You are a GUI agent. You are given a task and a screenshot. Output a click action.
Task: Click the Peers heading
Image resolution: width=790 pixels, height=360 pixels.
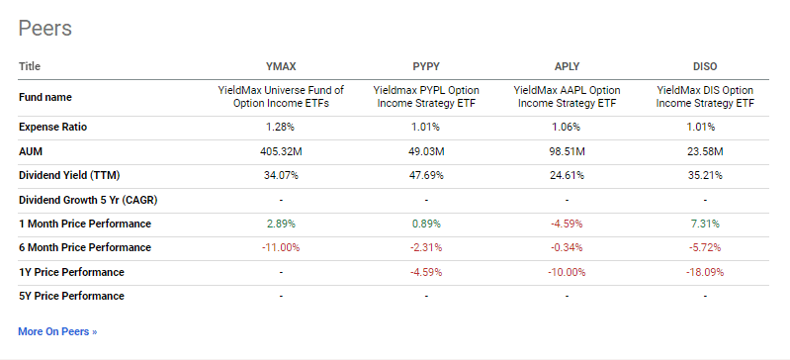tap(44, 28)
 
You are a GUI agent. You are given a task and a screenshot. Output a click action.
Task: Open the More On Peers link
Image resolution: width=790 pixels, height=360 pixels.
tap(57, 331)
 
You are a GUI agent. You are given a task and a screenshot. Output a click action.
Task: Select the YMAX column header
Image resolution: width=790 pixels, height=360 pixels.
tap(281, 67)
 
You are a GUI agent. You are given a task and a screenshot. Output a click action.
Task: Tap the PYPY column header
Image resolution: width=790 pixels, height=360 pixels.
tap(425, 67)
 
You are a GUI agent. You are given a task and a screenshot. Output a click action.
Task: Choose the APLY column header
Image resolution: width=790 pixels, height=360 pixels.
tap(567, 67)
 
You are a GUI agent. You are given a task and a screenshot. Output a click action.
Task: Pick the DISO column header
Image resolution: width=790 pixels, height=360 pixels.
tap(705, 67)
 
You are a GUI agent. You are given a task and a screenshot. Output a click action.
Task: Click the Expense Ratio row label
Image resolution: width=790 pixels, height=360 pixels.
tap(55, 128)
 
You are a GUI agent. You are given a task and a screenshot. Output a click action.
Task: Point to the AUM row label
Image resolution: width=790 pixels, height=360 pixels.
tap(31, 151)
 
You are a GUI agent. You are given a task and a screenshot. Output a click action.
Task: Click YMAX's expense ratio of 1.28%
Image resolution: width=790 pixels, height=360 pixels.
tap(281, 128)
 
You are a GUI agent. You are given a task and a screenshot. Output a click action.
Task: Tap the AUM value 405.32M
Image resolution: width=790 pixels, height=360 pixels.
tap(281, 151)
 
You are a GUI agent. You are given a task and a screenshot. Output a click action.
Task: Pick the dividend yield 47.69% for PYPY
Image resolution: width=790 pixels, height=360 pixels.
tap(425, 175)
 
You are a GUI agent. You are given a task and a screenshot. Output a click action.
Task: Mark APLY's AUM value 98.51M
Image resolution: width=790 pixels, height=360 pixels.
tap(567, 151)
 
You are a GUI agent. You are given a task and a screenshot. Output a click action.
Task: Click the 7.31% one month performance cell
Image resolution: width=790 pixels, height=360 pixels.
tap(705, 224)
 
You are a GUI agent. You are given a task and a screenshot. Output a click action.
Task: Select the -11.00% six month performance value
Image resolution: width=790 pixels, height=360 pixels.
tap(281, 247)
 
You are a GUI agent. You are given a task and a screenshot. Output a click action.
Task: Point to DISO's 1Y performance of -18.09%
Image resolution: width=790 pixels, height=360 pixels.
tap(705, 271)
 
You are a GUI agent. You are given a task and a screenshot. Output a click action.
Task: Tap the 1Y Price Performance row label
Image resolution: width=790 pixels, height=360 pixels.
tap(71, 271)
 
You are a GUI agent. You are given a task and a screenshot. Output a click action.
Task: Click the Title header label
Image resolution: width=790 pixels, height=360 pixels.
tap(30, 67)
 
